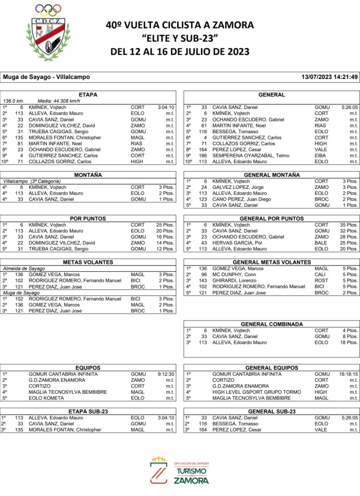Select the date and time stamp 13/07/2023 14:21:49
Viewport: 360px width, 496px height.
(x=329, y=77)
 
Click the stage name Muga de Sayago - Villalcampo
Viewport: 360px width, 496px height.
(x=47, y=77)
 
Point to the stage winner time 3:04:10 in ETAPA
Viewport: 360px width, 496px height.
(x=166, y=108)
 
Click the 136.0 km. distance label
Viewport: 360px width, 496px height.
(x=14, y=101)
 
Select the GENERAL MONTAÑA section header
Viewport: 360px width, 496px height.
(x=271, y=175)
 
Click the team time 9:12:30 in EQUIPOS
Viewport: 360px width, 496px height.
(x=166, y=374)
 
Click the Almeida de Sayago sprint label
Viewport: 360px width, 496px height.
(x=24, y=268)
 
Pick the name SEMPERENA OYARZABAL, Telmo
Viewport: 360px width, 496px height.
(x=244, y=155)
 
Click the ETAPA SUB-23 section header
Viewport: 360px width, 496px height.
(x=88, y=411)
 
